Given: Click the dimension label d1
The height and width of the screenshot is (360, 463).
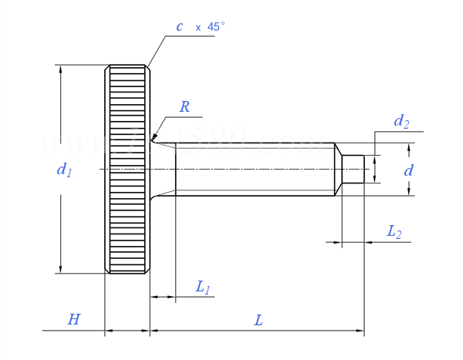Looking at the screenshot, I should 64,170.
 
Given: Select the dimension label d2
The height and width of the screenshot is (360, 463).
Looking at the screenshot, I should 401,121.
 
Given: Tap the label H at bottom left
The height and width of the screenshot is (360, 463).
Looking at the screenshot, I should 73,319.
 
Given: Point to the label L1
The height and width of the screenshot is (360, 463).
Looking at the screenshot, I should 203,288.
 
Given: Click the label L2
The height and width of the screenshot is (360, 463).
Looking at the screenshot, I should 394,231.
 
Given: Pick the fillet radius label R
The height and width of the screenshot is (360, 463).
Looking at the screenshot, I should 184,107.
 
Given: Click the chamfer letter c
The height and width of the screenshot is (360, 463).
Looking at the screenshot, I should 180,27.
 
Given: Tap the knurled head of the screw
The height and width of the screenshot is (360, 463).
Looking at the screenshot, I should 127,169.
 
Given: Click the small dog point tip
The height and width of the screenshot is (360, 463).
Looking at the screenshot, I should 353,169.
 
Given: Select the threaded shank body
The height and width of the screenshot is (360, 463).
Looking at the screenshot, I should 255,169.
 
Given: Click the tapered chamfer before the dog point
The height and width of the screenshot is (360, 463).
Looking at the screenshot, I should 339,169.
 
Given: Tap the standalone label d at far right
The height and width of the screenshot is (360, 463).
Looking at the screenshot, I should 409,170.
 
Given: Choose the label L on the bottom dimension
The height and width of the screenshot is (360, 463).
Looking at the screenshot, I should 259,319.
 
